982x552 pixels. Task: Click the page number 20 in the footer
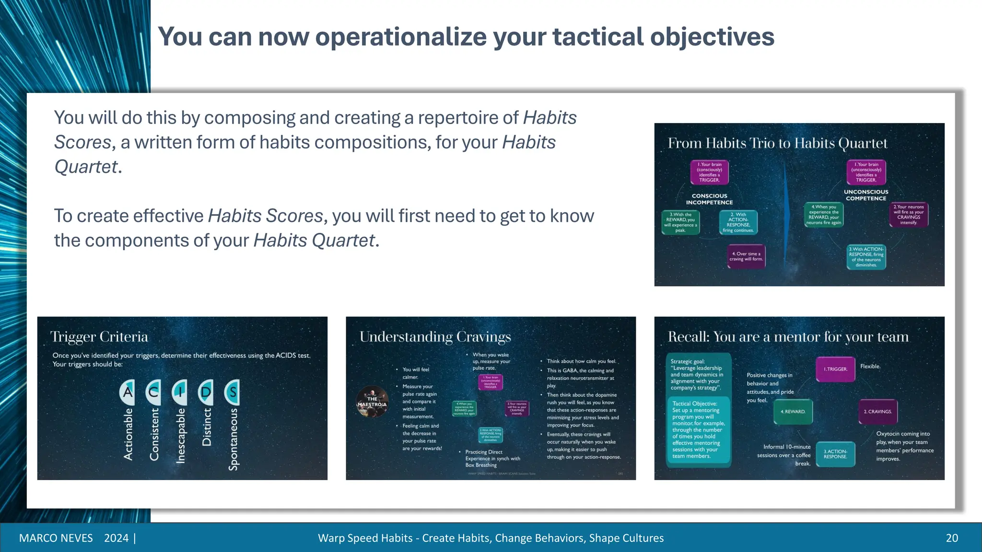point(952,538)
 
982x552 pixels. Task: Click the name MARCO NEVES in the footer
point(56,538)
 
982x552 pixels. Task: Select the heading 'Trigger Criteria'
point(99,337)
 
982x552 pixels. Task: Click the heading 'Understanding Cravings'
point(435,337)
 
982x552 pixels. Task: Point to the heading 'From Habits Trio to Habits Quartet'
point(777,143)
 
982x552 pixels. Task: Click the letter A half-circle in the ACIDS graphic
point(128,392)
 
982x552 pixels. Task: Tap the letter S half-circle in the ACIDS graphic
point(232,392)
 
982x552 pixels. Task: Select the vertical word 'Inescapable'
point(180,435)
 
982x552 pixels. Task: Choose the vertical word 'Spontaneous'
point(233,438)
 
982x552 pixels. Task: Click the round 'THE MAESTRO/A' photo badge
point(372,402)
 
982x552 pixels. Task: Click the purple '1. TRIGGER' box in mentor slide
point(835,369)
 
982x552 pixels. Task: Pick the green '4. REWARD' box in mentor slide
point(793,412)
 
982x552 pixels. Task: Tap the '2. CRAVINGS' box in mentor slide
point(877,412)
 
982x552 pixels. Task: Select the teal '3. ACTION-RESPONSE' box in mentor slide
point(835,454)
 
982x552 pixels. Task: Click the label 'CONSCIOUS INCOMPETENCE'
point(709,199)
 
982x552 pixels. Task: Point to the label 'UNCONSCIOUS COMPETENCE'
point(866,195)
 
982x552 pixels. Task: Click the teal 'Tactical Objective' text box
point(698,430)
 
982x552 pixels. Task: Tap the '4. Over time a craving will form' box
point(746,256)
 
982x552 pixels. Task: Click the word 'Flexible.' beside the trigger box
point(870,367)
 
